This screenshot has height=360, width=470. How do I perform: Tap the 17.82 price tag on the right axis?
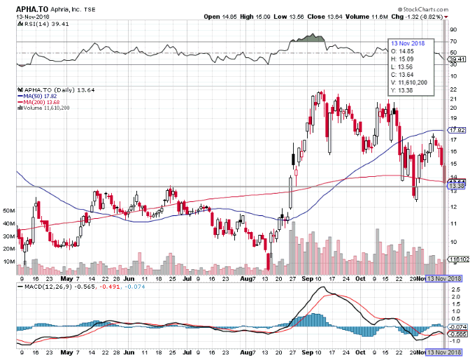[x=457, y=130]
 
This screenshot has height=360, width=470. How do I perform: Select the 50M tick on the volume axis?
[x=8, y=210]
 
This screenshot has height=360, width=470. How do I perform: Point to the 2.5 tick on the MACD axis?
[x=454, y=296]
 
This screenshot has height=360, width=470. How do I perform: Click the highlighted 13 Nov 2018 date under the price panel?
[x=446, y=279]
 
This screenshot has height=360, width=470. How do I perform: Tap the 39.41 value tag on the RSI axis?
[x=456, y=60]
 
